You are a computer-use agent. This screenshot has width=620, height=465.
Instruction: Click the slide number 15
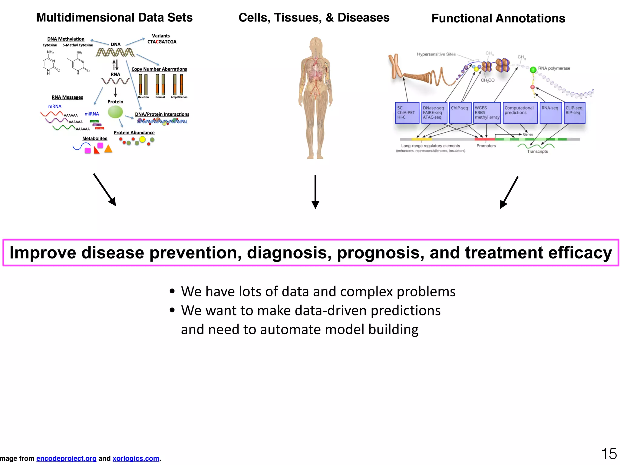click(609, 454)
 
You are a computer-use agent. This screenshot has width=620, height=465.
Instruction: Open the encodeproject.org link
click(66, 458)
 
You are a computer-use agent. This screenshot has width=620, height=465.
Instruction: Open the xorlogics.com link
click(136, 458)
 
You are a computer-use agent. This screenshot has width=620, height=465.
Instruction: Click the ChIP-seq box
click(460, 113)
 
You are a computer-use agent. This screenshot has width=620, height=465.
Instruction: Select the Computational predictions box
click(520, 113)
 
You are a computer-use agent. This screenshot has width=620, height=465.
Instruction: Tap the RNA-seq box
click(550, 113)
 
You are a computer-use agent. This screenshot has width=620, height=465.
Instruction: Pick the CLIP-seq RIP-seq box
click(574, 113)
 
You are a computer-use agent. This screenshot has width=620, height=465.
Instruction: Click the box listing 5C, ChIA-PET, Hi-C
click(407, 113)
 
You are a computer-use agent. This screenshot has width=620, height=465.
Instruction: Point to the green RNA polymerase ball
click(533, 70)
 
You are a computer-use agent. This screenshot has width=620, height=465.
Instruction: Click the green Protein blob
click(115, 112)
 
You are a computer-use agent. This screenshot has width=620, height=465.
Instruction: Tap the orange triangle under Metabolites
click(108, 149)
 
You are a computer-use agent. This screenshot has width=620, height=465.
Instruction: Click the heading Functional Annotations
click(498, 18)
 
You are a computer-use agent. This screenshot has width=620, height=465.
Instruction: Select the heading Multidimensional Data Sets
click(114, 18)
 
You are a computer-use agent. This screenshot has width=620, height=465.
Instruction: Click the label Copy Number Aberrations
click(159, 69)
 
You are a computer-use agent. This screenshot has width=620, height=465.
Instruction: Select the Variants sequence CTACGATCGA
click(162, 42)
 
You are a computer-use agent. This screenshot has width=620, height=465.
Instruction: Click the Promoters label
click(486, 146)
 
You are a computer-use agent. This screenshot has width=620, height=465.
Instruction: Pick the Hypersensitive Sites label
click(436, 54)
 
